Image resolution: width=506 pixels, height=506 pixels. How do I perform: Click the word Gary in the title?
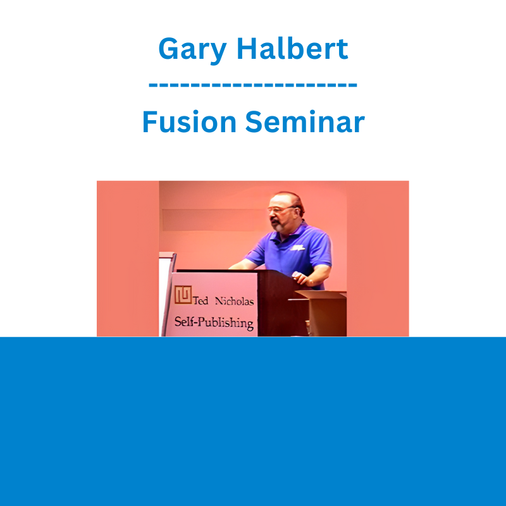click(x=192, y=50)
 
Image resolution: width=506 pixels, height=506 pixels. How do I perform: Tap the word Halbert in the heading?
click(x=292, y=49)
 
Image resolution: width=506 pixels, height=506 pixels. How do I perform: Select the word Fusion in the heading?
click(x=189, y=121)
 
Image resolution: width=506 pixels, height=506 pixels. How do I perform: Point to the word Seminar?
click(x=305, y=121)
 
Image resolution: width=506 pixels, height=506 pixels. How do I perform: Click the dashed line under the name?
click(x=252, y=85)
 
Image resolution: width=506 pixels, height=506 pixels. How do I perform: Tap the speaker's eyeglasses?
click(x=281, y=209)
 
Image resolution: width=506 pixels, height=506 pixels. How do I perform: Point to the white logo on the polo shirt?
click(x=297, y=248)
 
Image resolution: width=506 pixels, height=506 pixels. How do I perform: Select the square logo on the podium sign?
click(x=183, y=295)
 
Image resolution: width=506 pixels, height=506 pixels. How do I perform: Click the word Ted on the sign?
click(x=201, y=301)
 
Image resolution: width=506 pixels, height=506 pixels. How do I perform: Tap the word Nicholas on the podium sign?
click(x=234, y=301)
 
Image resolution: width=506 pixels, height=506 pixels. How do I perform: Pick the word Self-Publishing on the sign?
click(x=214, y=323)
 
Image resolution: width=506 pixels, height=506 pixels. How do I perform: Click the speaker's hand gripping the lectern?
click(x=299, y=278)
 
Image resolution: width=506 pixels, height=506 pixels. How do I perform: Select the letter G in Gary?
click(x=169, y=49)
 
